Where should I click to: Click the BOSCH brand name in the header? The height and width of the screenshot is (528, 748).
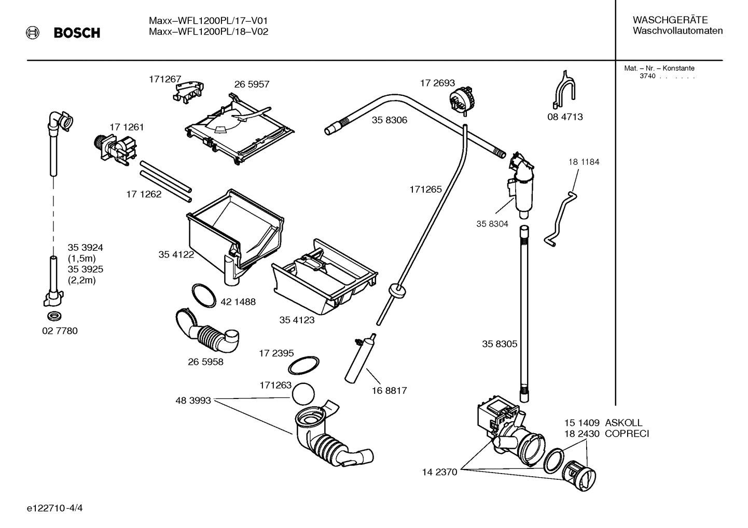tap(77, 33)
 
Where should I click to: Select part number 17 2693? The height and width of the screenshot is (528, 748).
tap(437, 83)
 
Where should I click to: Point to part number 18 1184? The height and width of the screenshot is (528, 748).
tap(584, 162)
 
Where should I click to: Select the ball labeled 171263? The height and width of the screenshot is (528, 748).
tap(303, 394)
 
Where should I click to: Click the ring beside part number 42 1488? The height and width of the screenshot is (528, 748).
tap(204, 295)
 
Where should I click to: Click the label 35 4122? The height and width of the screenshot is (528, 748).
tap(176, 254)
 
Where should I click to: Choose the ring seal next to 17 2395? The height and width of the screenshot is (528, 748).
tap(303, 365)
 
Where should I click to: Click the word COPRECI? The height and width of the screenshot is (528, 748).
tap(627, 434)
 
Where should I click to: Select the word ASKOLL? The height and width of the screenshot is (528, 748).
tap(624, 423)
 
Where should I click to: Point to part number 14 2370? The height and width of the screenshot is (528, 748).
tap(439, 472)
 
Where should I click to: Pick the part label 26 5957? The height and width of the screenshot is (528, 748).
tap(252, 84)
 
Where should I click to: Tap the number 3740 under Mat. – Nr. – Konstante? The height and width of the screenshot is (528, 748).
tap(647, 76)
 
